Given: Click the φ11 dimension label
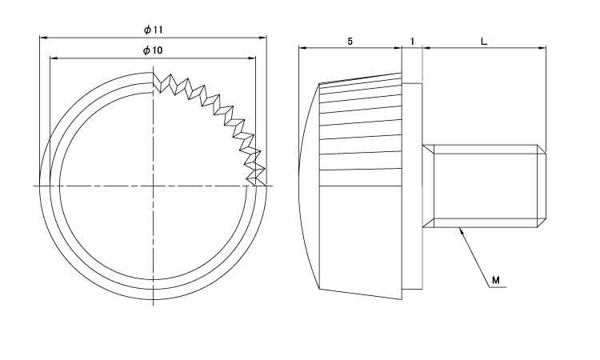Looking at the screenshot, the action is point(154,30).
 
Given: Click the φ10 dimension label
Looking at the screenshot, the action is point(153,50).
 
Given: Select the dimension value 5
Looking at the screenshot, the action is point(350,42).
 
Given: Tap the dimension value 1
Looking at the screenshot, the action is point(412,42).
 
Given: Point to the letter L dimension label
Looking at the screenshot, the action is point(484,42).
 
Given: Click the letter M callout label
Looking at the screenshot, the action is point(495,280).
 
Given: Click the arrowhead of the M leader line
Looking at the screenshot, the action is point(462,230).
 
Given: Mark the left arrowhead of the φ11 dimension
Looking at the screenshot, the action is point(43,38).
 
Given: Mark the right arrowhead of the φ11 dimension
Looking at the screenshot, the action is point(263,38).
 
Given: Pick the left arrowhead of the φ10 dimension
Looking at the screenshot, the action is point(54,58).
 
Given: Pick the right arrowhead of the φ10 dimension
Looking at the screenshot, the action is point(252,58).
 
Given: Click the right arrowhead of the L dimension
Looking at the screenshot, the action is point(542,48).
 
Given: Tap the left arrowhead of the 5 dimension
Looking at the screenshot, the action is point(302,48).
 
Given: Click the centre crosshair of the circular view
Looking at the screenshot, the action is point(153,186).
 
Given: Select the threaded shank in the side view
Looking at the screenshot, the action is point(484,186).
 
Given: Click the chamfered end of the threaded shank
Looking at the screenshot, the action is point(542,186).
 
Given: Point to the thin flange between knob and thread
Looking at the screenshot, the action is point(412,186).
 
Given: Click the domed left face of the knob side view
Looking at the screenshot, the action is point(309,186).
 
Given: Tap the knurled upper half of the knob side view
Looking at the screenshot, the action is point(362,130).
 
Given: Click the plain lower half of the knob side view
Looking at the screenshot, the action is point(362,241).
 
